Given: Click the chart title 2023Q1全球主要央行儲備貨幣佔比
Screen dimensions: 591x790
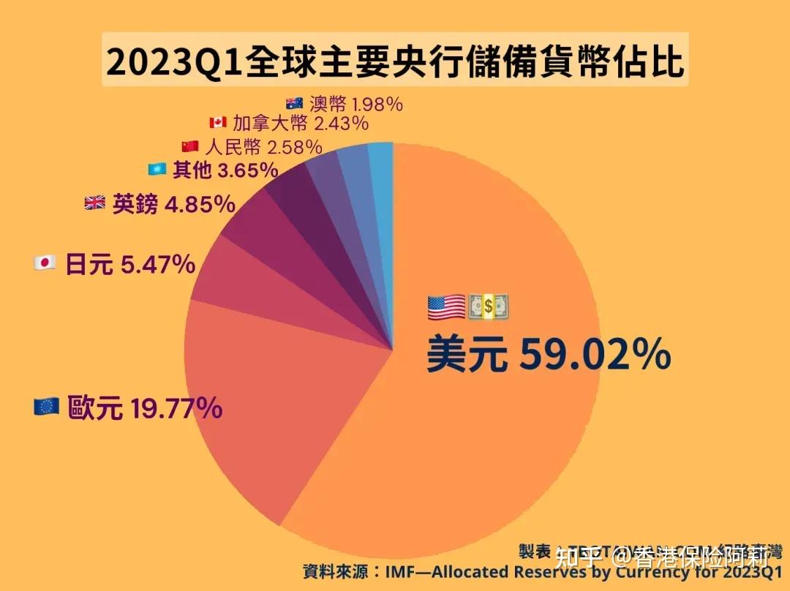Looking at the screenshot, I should pyautogui.click(x=395, y=62).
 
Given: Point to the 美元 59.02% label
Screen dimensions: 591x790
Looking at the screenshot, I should pyautogui.click(x=549, y=354).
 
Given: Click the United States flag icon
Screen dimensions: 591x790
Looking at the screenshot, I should pyautogui.click(x=446, y=306).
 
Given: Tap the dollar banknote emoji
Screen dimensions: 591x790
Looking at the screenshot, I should pyautogui.click(x=488, y=306).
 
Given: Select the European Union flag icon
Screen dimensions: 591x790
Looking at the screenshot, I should pyautogui.click(x=46, y=407).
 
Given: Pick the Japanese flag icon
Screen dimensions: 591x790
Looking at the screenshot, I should pyautogui.click(x=45, y=263).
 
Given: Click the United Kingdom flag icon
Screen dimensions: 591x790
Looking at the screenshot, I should pyautogui.click(x=94, y=203).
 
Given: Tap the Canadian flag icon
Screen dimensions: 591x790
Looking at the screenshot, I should pyautogui.click(x=218, y=122).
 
